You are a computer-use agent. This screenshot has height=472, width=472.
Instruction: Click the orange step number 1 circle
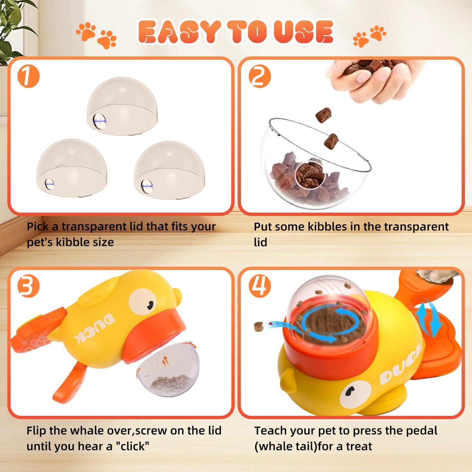[28, 77]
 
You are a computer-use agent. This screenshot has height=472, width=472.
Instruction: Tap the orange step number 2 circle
[260, 76]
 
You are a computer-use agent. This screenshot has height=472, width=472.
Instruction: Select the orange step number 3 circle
[28, 286]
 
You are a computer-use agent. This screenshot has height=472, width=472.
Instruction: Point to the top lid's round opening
[99, 122]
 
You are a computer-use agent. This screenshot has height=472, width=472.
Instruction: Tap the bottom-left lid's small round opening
[50, 185]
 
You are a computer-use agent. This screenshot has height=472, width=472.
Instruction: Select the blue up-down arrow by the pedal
[429, 319]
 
